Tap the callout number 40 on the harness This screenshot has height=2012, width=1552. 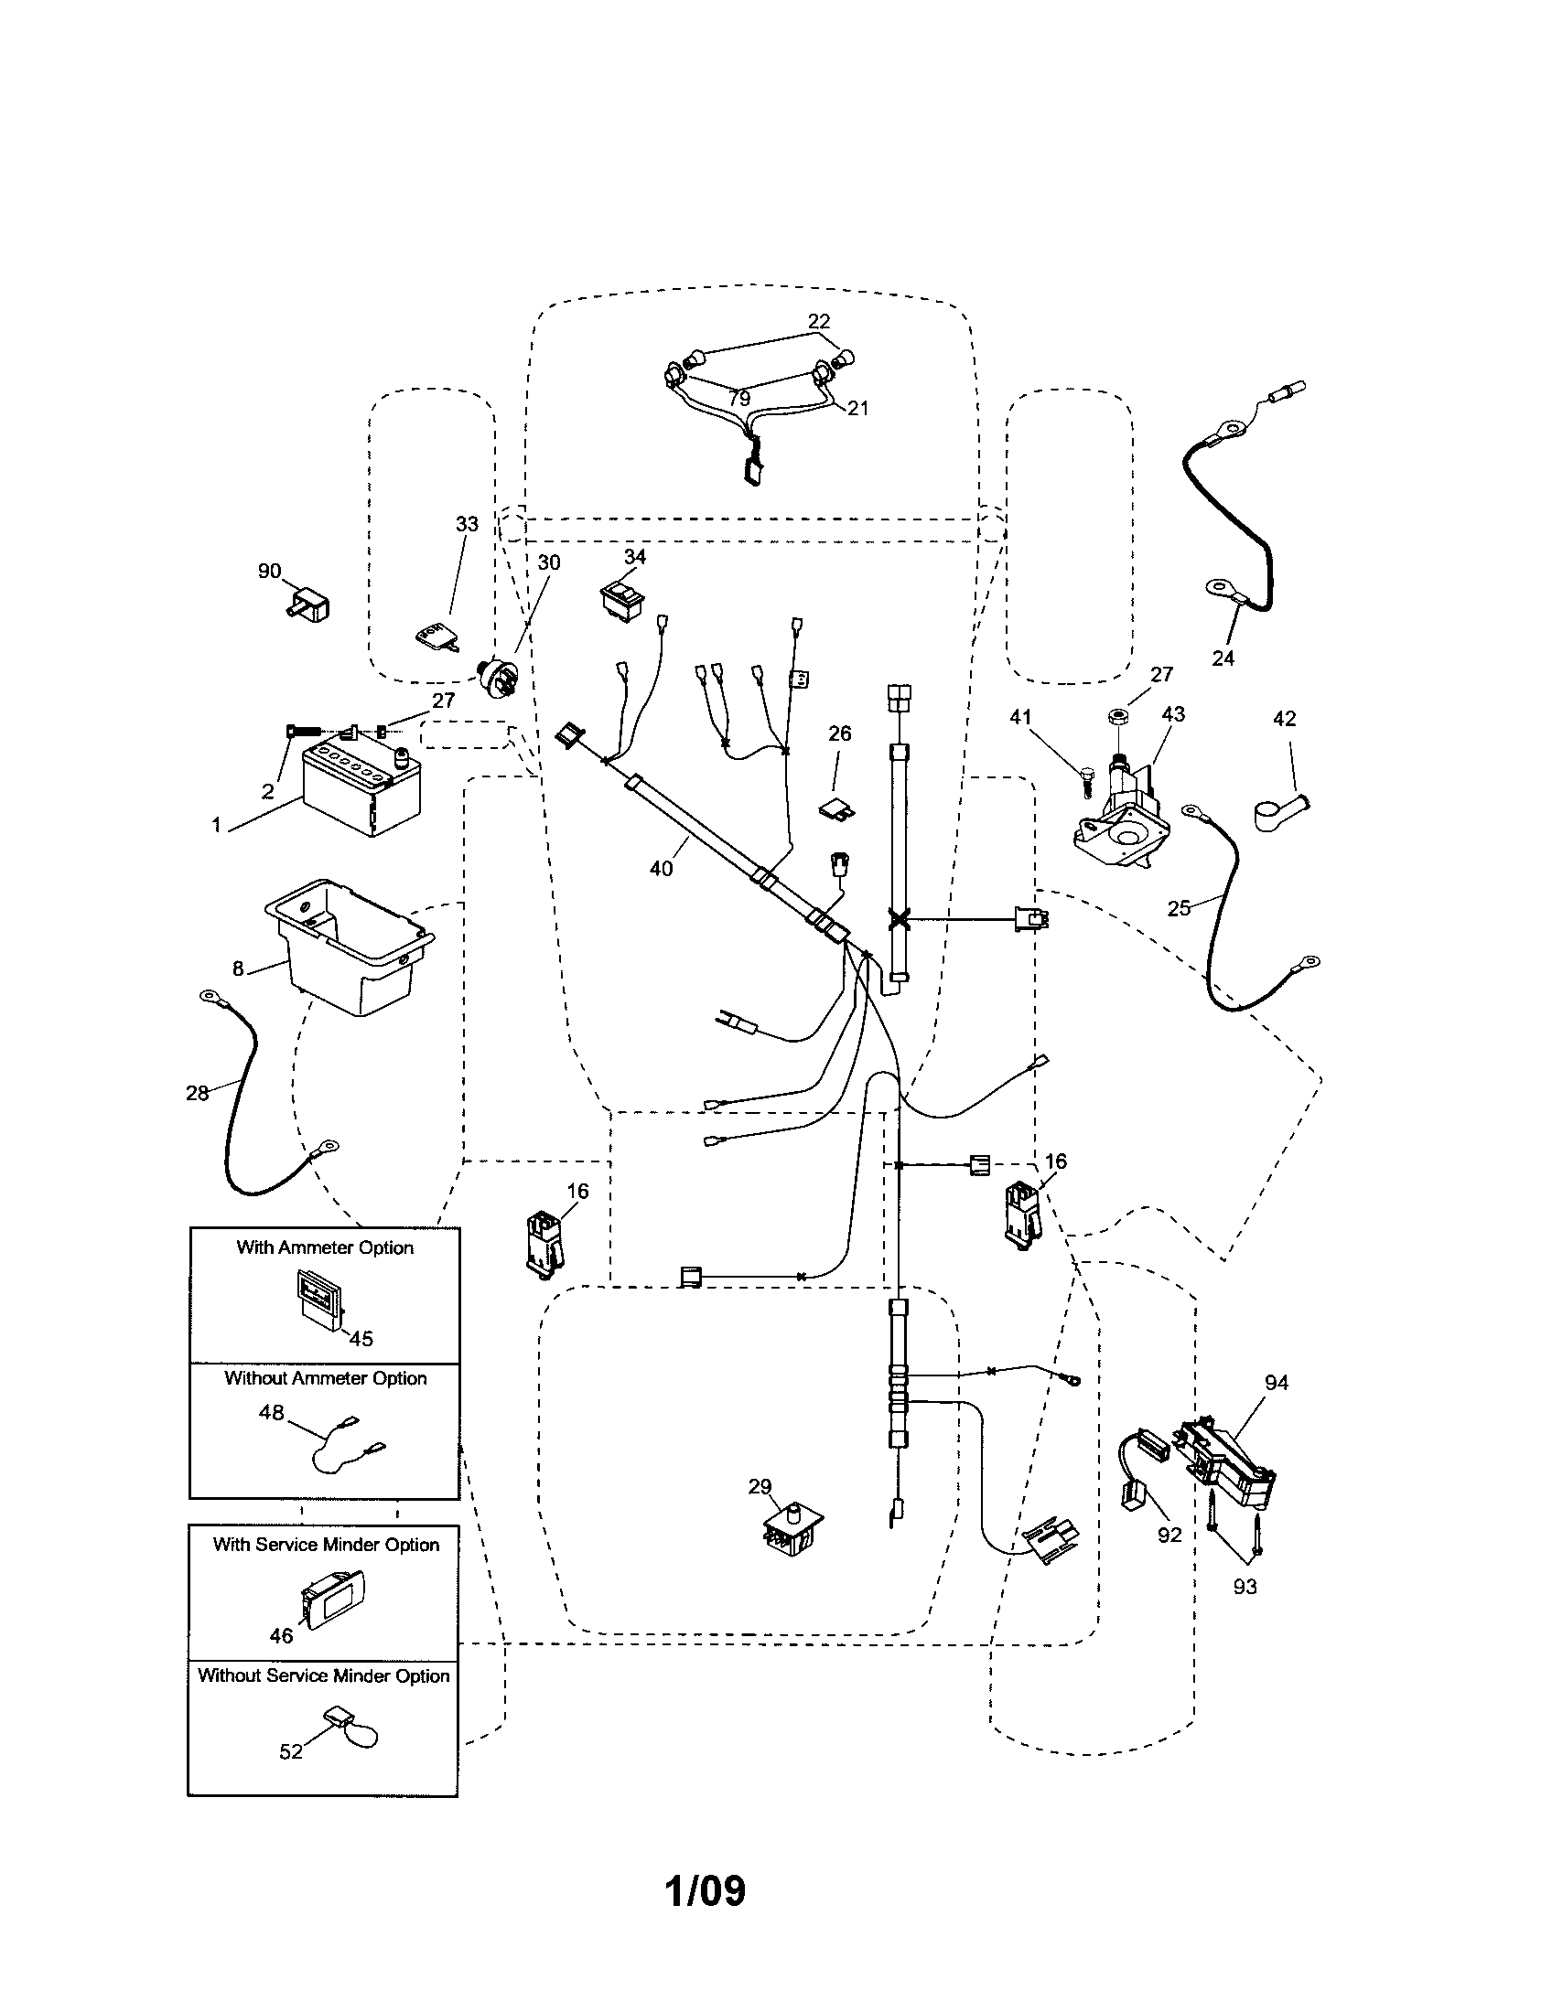click(x=662, y=868)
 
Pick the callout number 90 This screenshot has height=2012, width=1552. click(x=269, y=573)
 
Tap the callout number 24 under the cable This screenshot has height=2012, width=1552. click(x=1223, y=658)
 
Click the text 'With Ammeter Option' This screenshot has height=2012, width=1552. click(x=325, y=1247)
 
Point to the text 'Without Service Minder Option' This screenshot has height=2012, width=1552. click(x=324, y=1675)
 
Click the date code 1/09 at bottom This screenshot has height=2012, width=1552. click(x=705, y=1890)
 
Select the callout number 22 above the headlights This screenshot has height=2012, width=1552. click(x=818, y=321)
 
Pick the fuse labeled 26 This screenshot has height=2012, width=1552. click(x=836, y=807)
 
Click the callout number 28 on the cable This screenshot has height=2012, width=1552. click(x=198, y=1094)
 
